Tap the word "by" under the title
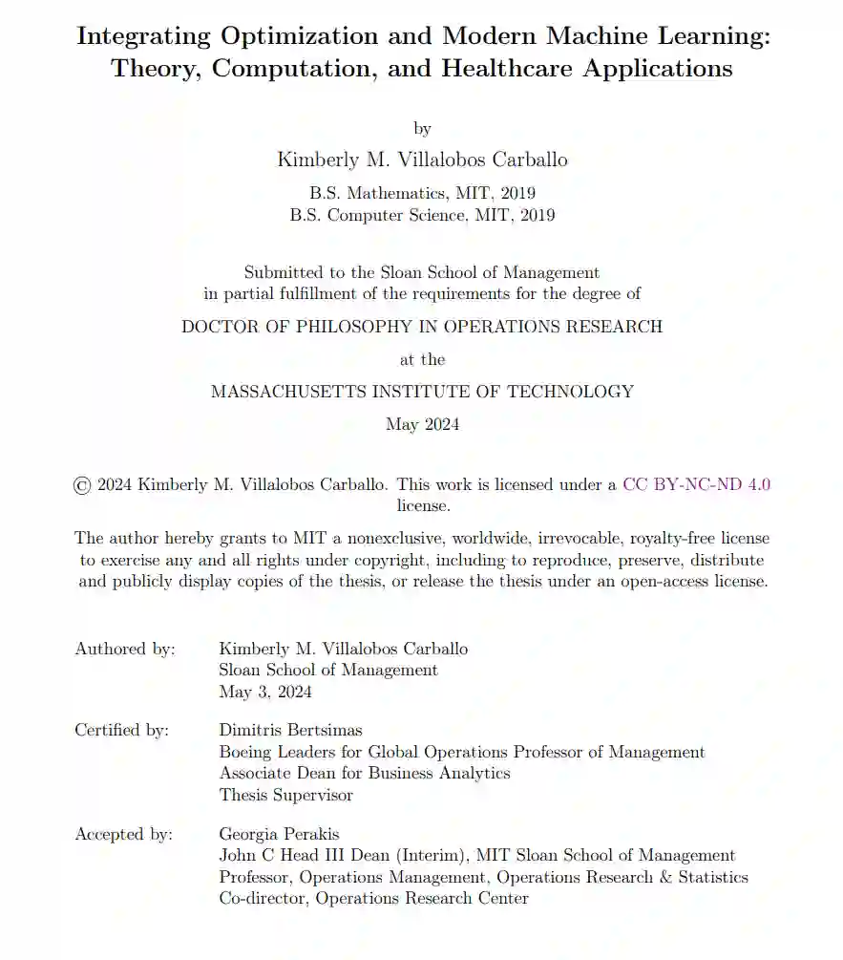(x=422, y=129)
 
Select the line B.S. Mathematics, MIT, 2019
(x=422, y=193)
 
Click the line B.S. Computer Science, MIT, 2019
(x=422, y=215)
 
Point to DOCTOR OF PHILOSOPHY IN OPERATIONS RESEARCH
(x=422, y=327)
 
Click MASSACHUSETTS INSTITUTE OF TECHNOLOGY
(x=422, y=392)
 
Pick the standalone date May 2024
(x=422, y=424)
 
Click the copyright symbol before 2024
(x=82, y=485)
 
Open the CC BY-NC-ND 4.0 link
(x=697, y=484)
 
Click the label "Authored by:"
(x=125, y=650)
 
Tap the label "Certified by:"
(x=122, y=730)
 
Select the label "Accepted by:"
(x=124, y=835)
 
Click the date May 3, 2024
(x=265, y=693)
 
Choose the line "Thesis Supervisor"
(x=285, y=795)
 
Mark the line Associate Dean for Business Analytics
(x=365, y=773)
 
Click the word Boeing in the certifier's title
(x=246, y=752)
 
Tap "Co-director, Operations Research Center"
(x=373, y=898)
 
